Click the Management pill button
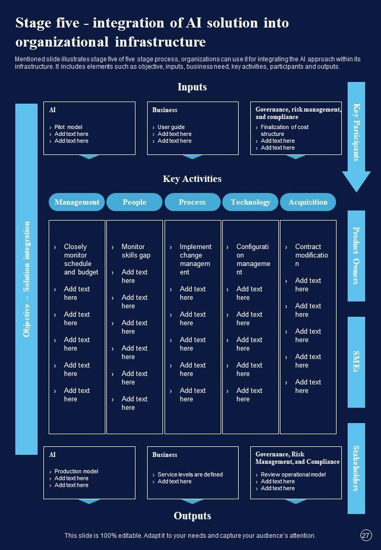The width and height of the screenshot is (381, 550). click(77, 202)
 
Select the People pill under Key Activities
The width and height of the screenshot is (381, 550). click(134, 202)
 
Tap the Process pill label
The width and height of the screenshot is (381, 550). click(192, 202)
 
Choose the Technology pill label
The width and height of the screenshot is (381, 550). click(250, 202)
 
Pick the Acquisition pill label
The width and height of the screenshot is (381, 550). click(308, 202)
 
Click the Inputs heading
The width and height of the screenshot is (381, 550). click(192, 87)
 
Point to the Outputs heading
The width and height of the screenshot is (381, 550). click(192, 516)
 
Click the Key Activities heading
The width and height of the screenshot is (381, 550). click(192, 179)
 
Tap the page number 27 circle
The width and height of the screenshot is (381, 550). click(366, 535)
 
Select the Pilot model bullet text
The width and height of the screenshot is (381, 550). click(68, 127)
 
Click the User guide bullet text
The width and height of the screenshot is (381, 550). click(171, 127)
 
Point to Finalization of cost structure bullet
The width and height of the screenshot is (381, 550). click(284, 130)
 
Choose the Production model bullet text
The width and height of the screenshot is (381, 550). click(76, 471)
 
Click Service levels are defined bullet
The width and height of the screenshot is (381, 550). click(190, 474)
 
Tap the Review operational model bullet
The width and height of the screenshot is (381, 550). click(293, 474)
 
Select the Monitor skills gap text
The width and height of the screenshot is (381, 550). click(136, 251)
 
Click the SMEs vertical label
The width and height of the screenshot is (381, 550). click(356, 362)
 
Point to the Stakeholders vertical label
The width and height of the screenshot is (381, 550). click(356, 468)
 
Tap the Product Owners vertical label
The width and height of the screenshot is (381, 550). click(356, 255)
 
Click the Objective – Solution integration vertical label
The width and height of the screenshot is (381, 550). click(26, 279)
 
